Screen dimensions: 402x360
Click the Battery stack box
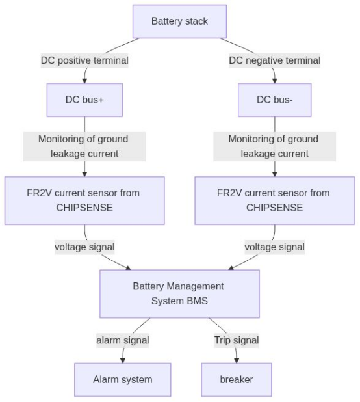click(179, 21)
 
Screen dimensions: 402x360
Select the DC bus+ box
click(84, 100)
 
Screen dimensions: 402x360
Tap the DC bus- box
click(274, 100)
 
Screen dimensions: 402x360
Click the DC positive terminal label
click(84, 60)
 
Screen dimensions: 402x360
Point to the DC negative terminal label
click(274, 60)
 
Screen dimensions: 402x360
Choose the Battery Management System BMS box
click(179, 293)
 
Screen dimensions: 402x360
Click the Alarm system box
click(123, 379)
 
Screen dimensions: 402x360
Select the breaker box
click(237, 379)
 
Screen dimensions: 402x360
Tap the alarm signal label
click(123, 340)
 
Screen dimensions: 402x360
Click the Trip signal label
click(237, 340)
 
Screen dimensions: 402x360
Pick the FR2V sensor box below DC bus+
click(84, 200)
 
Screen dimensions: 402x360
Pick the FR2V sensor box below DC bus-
click(274, 200)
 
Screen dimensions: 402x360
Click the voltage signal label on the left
click(84, 247)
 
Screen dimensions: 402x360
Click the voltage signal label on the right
click(274, 247)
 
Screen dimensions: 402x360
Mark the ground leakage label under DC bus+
click(84, 146)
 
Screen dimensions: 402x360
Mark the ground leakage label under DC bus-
click(274, 146)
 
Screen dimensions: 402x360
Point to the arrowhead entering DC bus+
click(84, 81)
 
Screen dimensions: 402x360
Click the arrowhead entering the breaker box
click(237, 360)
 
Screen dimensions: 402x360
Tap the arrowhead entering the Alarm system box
click(123, 360)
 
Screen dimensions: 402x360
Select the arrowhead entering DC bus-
click(274, 81)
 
